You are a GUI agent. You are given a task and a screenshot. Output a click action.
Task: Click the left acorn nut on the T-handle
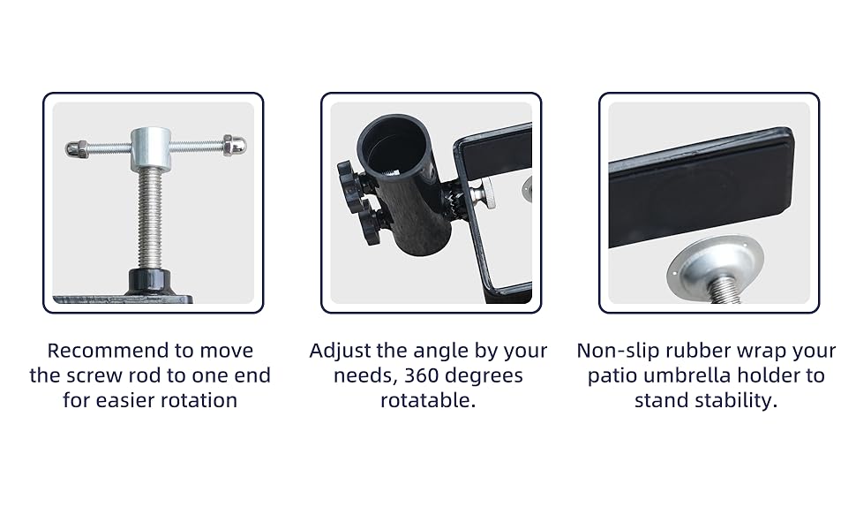(x=74, y=148)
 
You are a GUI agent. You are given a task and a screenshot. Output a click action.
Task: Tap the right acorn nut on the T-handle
(x=235, y=146)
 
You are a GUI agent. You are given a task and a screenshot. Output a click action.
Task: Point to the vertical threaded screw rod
(x=150, y=218)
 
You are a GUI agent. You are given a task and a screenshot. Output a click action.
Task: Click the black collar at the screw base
(x=150, y=282)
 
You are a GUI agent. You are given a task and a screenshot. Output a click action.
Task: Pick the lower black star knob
(x=372, y=223)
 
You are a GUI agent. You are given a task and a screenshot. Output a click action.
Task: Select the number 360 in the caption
(x=422, y=375)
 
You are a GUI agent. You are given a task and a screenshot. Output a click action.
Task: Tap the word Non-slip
(x=611, y=350)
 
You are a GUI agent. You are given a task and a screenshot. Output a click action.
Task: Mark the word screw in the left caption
(x=95, y=376)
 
